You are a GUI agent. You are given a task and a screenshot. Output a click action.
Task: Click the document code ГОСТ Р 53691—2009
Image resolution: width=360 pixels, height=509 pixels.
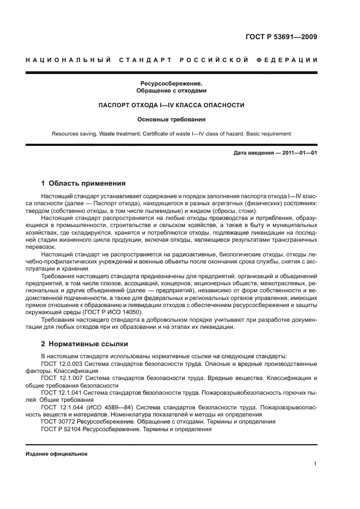pos(282,38)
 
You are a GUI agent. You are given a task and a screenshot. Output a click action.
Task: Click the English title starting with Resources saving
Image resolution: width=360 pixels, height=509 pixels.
pos(171,133)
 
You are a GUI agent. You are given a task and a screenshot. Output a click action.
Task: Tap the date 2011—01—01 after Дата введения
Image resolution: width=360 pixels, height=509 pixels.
pos(300,153)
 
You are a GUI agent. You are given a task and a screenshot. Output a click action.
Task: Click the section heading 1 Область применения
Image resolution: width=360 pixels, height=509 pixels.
pos(83,183)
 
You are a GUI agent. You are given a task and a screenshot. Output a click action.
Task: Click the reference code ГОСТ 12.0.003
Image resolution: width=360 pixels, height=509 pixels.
pos(61,363)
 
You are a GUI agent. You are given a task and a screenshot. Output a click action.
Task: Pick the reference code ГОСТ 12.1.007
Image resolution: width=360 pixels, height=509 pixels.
pos(61,377)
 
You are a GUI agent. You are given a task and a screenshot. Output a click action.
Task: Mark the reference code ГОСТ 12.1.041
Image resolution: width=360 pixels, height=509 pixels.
pos(61,392)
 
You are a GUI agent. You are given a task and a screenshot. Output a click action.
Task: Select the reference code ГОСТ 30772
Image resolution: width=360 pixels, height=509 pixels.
pos(57,421)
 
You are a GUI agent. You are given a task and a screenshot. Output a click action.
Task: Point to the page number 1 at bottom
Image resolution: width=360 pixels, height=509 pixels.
pos(315,464)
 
